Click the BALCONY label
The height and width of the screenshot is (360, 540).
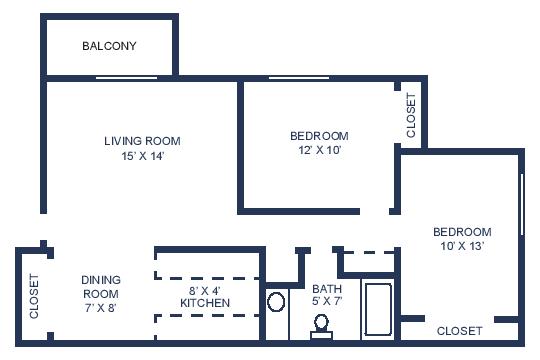click(x=109, y=46)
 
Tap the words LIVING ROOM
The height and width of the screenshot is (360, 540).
click(x=142, y=141)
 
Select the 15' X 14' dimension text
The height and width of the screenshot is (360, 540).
click(x=142, y=156)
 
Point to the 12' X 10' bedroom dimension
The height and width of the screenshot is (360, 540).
click(x=320, y=150)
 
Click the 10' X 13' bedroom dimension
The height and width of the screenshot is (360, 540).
click(x=463, y=246)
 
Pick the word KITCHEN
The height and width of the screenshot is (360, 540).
click(x=205, y=303)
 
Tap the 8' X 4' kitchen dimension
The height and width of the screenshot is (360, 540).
click(x=204, y=291)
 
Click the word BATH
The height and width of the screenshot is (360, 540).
click(x=327, y=289)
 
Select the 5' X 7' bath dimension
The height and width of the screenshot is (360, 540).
click(x=327, y=301)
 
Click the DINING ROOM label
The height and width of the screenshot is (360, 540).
click(x=101, y=287)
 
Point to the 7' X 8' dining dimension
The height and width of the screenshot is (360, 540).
click(x=101, y=308)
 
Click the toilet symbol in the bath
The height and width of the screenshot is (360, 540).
click(x=321, y=327)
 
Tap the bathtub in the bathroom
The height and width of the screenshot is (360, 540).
click(x=378, y=309)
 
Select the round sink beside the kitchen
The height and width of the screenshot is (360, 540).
click(x=276, y=302)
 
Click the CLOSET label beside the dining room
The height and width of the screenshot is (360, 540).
click(x=34, y=296)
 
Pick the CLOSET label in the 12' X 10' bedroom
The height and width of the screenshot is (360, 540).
click(x=411, y=115)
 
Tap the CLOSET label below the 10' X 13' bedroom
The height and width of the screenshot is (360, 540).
click(x=459, y=331)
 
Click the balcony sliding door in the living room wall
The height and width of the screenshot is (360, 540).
click(x=126, y=78)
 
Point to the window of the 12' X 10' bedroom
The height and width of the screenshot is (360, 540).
click(x=299, y=78)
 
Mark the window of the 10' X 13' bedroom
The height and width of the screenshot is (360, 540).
click(x=522, y=205)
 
